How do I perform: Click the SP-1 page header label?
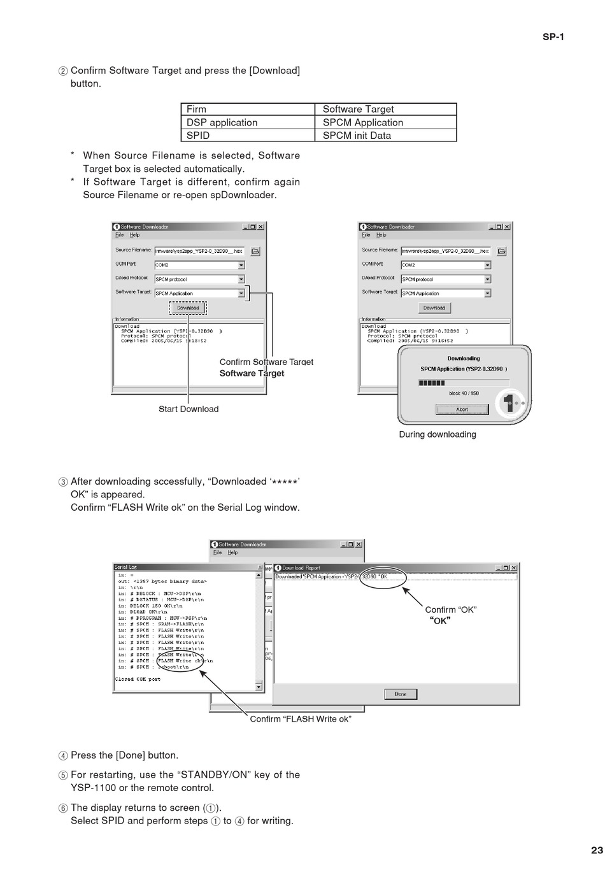pos(553,36)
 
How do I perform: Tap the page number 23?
pos(596,850)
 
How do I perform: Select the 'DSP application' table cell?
pos(222,122)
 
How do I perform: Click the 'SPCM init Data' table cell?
pos(357,135)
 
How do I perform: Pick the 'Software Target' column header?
pos(358,109)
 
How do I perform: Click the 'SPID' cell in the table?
pos(198,135)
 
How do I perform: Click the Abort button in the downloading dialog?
pos(462,410)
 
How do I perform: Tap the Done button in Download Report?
pos(401,694)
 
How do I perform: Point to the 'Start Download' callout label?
pos(189,409)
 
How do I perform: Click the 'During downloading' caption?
pos(438,434)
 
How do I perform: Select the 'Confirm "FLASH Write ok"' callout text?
pos(301,719)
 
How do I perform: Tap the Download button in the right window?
pos(434,308)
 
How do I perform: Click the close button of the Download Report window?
pos(514,567)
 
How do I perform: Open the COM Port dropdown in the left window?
pos(241,265)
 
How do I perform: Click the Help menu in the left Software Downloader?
pos(134,235)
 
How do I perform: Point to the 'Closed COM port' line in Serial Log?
pos(138,679)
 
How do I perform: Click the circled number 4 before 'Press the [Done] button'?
pos(63,756)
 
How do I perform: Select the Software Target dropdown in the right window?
pos(487,294)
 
